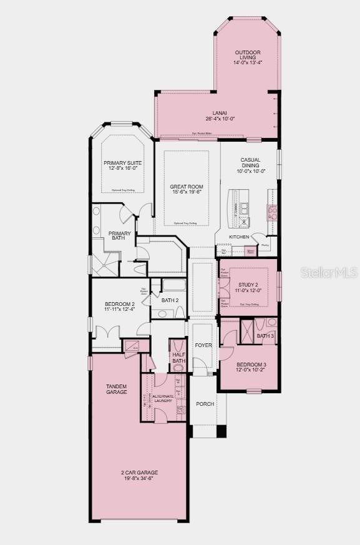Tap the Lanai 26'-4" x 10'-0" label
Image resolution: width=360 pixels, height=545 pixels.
click(x=220, y=116)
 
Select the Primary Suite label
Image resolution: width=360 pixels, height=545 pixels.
click(x=123, y=165)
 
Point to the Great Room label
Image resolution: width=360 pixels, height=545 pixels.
click(x=187, y=189)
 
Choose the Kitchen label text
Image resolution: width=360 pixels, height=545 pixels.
click(x=239, y=237)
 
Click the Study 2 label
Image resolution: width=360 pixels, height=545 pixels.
click(x=248, y=287)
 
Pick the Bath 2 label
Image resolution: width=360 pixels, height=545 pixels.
click(x=170, y=300)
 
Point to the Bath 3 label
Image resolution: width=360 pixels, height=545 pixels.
click(x=265, y=336)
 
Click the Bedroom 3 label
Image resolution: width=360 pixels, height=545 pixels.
click(x=251, y=367)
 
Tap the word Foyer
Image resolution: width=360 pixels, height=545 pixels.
click(x=203, y=345)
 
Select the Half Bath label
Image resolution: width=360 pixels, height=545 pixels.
click(x=179, y=358)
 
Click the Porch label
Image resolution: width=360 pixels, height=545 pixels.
click(x=205, y=404)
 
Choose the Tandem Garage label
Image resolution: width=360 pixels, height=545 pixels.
click(x=117, y=390)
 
